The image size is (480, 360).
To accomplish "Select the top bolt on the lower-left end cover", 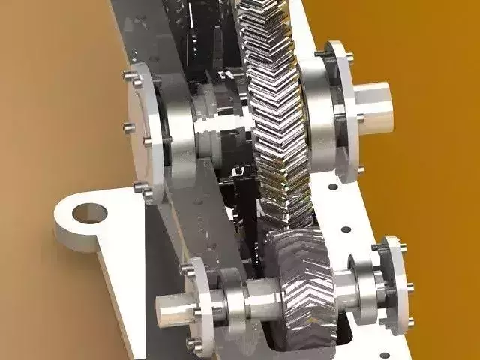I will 183,267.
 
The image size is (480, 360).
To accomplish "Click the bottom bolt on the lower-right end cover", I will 409,322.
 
